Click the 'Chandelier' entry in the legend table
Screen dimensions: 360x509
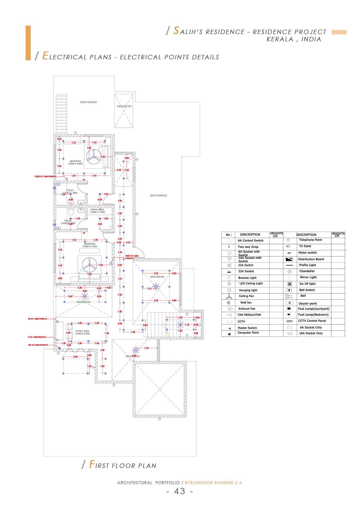pos(307,271)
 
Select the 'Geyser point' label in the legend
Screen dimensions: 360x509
pos(308,304)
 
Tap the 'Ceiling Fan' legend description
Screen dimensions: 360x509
pos(246,296)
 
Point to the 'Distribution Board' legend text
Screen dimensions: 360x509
pos(311,259)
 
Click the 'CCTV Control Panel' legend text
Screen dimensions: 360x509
pos(312,321)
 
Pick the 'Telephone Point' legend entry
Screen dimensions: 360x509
pos(310,240)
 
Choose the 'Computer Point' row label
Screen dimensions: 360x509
pos(248,333)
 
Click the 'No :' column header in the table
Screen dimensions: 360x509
pos(229,235)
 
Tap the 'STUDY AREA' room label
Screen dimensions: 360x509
pos(82,331)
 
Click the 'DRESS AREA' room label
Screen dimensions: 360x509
pos(97,210)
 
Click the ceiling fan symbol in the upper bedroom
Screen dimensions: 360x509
pos(93,157)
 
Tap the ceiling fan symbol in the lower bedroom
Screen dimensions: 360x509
pos(89,265)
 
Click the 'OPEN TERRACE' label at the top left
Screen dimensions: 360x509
pos(89,102)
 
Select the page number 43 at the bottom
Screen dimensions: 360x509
pos(179,491)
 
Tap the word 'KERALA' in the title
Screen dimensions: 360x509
pos(280,39)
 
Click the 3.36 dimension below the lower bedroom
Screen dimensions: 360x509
pos(80,288)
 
